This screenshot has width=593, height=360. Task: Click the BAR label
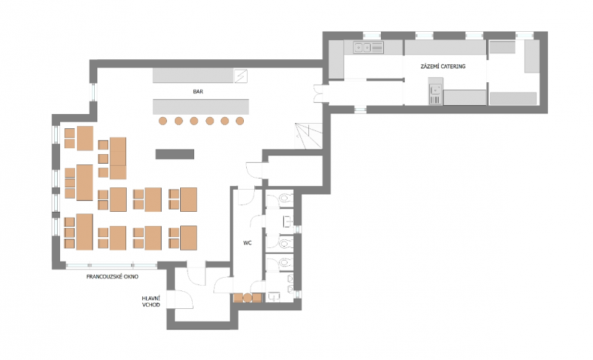click(x=198, y=91)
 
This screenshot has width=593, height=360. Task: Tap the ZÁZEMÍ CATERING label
click(x=443, y=66)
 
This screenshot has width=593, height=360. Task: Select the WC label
click(x=248, y=243)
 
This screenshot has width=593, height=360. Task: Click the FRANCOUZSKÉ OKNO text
click(x=113, y=276)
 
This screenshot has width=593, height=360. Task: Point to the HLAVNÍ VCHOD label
click(x=151, y=301)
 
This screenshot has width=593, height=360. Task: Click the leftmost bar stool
click(x=162, y=121)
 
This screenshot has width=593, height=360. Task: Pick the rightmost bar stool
click(x=239, y=121)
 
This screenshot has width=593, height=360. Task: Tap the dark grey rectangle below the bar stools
click(x=175, y=154)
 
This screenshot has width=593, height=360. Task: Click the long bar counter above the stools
click(x=201, y=107)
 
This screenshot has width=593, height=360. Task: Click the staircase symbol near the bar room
click(x=308, y=136)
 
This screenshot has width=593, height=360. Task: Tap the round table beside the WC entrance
click(x=248, y=298)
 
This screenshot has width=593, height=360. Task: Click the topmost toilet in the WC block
click(x=285, y=199)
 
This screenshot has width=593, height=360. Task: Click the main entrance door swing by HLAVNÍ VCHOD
click(x=184, y=299)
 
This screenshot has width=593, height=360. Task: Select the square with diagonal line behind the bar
click(x=240, y=76)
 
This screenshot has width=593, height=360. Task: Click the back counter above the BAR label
click(x=193, y=76)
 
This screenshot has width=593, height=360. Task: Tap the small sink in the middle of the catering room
click(x=436, y=91)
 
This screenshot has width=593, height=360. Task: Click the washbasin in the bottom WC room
click(x=274, y=296)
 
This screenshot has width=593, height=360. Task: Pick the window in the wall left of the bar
click(x=93, y=92)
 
